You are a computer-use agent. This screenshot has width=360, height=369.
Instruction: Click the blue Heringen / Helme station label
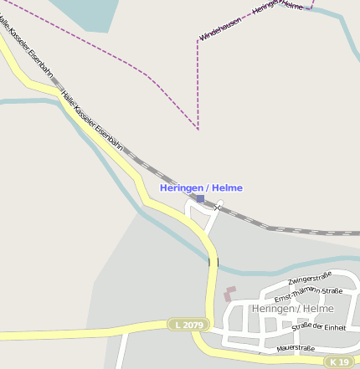(201, 188)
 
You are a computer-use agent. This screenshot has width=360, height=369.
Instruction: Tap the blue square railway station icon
(200, 199)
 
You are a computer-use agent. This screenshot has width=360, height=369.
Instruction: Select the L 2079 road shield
(188, 324)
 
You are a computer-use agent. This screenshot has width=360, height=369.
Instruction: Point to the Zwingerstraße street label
(309, 279)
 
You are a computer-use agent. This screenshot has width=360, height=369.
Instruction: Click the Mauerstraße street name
(295, 347)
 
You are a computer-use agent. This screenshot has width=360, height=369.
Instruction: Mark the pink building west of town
(229, 294)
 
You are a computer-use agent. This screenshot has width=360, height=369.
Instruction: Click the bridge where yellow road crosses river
(213, 263)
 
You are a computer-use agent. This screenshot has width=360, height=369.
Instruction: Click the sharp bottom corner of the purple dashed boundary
(198, 129)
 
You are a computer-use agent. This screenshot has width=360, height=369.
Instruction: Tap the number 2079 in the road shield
(192, 324)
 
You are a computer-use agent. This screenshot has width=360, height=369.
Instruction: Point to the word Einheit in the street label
(332, 326)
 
